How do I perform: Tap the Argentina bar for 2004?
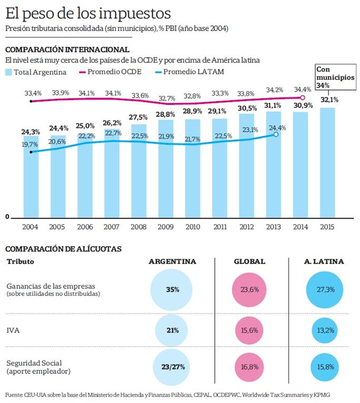click(x=31, y=176)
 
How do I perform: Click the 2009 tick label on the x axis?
click(x=165, y=227)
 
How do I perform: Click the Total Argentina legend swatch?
click(x=9, y=72)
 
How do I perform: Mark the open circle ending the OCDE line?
click(x=302, y=97)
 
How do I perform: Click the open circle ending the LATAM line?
click(x=276, y=134)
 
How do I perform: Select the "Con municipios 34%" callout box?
click(x=335, y=77)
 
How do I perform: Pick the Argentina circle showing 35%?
click(x=172, y=290)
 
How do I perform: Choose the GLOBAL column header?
click(x=249, y=261)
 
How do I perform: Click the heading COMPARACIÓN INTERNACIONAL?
click(x=67, y=50)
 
